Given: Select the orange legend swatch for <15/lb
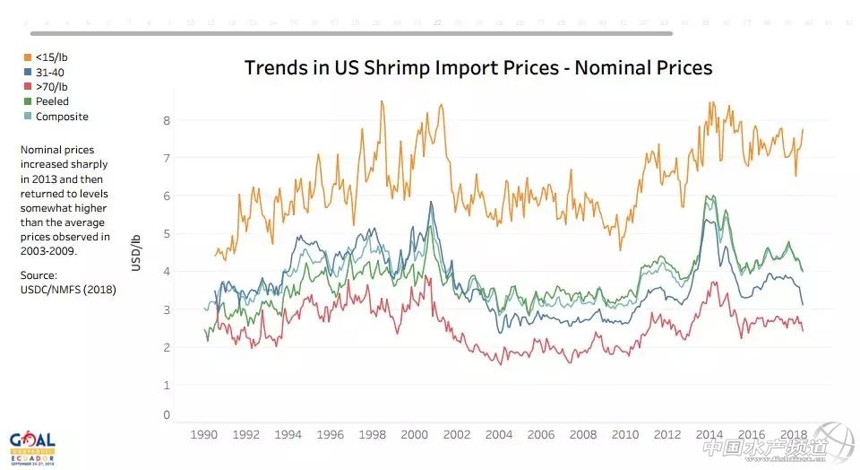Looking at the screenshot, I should [x=27, y=57].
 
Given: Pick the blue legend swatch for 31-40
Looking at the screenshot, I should [x=27, y=72].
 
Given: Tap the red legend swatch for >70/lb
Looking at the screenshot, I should [x=27, y=87].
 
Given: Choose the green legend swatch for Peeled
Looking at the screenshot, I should [x=27, y=101].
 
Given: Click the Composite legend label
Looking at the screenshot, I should [x=62, y=117].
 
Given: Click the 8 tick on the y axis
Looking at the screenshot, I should [x=166, y=119].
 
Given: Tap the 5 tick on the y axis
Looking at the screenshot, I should [x=166, y=233].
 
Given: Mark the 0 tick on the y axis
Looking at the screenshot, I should [x=166, y=414].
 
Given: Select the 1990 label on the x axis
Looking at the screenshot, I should [x=204, y=435].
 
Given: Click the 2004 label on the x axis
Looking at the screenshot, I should [x=498, y=435].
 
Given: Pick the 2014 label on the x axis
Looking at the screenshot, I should [x=709, y=435].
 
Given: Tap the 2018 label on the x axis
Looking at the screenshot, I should [x=793, y=435].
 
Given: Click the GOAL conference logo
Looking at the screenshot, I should [x=32, y=446].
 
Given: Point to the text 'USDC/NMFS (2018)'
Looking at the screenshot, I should [x=67, y=290].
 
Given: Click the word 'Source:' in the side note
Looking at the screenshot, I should [x=39, y=275].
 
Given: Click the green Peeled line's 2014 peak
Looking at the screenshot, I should [x=709, y=196].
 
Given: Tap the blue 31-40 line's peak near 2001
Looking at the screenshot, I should [x=431, y=202].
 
